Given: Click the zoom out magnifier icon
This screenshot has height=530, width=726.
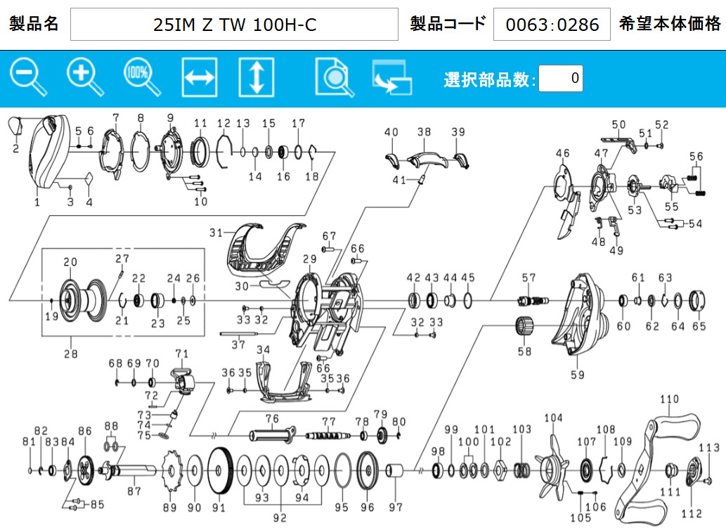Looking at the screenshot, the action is [x=28, y=77].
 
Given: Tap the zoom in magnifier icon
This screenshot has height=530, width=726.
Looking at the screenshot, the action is [x=85, y=77].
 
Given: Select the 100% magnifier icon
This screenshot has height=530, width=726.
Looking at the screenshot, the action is [x=142, y=77].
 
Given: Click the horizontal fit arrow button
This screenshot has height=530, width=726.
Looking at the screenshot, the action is [x=199, y=77].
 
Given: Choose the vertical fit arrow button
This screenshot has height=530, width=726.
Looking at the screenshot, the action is [x=257, y=77].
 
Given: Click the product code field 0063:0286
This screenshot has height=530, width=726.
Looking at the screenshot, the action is [x=552, y=24].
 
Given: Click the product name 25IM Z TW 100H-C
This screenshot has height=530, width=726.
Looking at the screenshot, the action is [x=234, y=24].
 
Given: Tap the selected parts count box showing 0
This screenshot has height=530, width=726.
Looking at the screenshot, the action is [x=561, y=78].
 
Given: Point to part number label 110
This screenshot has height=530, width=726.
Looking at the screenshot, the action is [x=669, y=399].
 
